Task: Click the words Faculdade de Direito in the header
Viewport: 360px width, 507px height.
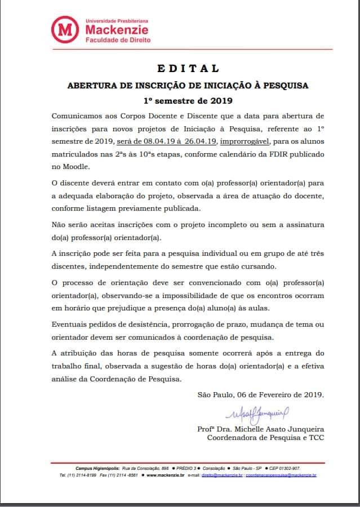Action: coord(118,40)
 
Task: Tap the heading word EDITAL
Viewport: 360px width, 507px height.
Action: coord(188,69)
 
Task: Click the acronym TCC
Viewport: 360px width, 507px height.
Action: coord(315,437)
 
